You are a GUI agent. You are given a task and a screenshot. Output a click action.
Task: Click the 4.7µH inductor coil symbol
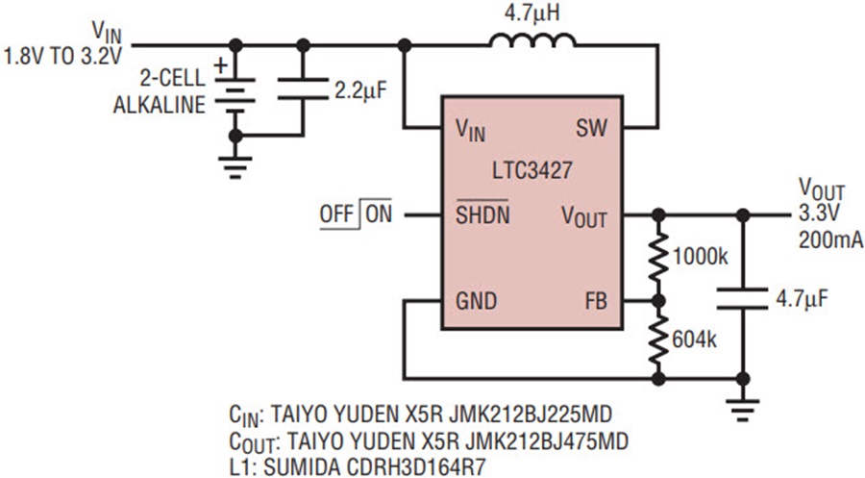pos(532,40)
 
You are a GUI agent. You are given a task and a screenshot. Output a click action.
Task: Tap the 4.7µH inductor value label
pos(531,13)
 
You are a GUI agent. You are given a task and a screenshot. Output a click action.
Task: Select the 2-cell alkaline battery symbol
pos(235,91)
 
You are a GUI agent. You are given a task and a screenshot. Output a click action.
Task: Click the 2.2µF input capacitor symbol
pos(303,88)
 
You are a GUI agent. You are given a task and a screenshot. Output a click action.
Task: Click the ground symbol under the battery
pos(235,167)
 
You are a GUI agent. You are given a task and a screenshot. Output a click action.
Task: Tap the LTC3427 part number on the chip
pos(532,170)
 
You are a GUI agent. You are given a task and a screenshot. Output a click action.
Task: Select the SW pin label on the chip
pos(591,129)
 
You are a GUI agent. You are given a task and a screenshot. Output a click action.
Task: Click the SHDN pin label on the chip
pos(482,214)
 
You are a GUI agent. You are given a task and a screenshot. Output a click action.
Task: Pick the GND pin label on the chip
pos(476,301)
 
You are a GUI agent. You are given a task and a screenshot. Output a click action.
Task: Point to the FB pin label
pos(596,301)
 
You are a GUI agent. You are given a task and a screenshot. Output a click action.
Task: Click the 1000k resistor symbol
pos(658,257)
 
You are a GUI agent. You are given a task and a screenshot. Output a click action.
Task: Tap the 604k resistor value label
pos(694,340)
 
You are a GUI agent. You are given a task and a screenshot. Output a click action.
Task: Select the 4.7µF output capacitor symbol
pos(743,298)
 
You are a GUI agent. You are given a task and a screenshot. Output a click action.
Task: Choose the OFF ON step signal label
pos(356,214)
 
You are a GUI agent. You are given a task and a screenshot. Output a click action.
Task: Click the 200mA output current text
pos(830,240)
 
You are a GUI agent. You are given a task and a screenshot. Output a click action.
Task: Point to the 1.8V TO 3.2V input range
pos(62,58)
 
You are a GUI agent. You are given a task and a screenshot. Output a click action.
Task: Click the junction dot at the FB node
pos(658,301)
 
